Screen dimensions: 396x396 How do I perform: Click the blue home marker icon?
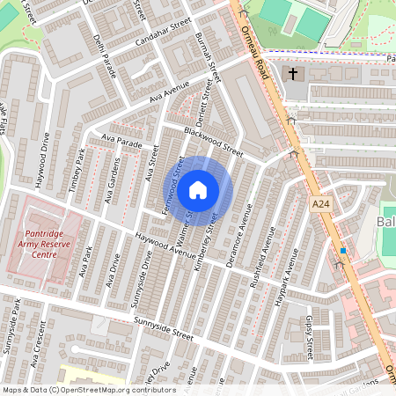[198, 189]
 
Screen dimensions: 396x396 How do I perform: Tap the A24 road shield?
[323, 204]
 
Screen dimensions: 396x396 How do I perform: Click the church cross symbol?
[292, 75]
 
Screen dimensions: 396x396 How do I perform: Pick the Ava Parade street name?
[121, 140]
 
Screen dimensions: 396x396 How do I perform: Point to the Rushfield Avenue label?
[260, 256]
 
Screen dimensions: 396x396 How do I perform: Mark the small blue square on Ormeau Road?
[343, 251]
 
